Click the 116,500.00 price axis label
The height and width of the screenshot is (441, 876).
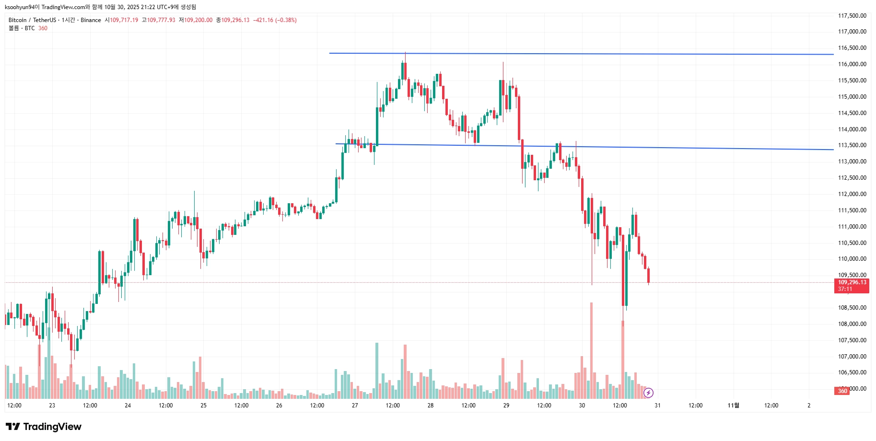[x=852, y=48]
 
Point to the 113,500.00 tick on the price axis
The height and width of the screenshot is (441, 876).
[x=852, y=145]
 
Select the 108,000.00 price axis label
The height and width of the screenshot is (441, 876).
[x=852, y=324]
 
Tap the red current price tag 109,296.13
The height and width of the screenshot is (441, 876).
[x=852, y=282]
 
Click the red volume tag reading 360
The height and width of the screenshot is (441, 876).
[x=842, y=391]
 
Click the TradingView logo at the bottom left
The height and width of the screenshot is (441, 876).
[x=44, y=427]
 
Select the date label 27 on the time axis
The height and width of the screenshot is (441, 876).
[x=355, y=406]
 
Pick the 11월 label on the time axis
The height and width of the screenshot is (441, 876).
[x=733, y=406]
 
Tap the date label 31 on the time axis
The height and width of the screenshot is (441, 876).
[x=657, y=406]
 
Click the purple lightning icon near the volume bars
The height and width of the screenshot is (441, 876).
[x=648, y=393]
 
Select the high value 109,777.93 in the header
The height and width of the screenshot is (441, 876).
[x=161, y=20]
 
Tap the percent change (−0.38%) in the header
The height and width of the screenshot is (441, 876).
[x=286, y=20]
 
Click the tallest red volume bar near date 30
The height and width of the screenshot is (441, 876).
[x=591, y=350]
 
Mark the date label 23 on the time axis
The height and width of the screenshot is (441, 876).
[x=52, y=406]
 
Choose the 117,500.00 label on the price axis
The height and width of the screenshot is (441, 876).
[x=852, y=16]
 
